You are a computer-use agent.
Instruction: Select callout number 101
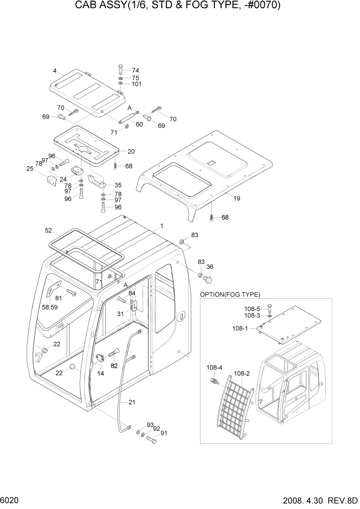click(x=136, y=84)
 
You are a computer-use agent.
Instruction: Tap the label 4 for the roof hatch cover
click(x=55, y=71)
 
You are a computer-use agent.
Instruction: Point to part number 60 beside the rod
click(x=139, y=124)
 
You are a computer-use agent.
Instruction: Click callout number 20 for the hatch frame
click(x=131, y=151)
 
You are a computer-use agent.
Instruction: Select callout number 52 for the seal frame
click(x=49, y=230)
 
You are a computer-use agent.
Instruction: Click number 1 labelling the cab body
click(x=162, y=226)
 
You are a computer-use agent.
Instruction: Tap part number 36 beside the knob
click(x=210, y=267)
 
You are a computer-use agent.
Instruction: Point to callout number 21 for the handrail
click(x=132, y=402)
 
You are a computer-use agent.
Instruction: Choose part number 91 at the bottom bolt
click(x=164, y=433)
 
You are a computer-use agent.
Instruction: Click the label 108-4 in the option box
click(x=214, y=367)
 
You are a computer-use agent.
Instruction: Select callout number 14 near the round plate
click(x=101, y=374)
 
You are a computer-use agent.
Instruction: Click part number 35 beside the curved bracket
click(x=118, y=185)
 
